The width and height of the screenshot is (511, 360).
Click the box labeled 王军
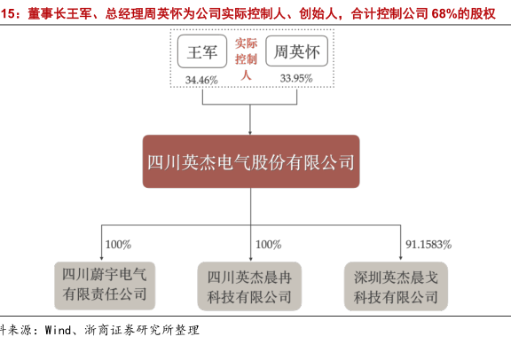[x=202, y=51]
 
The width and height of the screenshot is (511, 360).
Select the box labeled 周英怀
[x=296, y=51]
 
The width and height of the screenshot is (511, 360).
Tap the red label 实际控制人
[x=246, y=59]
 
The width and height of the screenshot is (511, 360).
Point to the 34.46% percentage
[x=201, y=80]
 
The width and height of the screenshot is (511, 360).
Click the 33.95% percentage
[x=296, y=79]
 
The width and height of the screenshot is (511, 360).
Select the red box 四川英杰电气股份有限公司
[x=251, y=161]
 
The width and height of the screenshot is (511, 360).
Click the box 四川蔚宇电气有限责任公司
[x=105, y=286]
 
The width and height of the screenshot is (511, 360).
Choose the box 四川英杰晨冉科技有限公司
[x=249, y=286]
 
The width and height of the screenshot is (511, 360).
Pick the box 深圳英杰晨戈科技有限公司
[x=396, y=286]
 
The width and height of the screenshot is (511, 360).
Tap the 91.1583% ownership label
[x=428, y=245]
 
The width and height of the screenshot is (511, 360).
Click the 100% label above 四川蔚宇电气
[x=118, y=245]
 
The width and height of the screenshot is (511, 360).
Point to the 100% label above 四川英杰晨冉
[x=268, y=245]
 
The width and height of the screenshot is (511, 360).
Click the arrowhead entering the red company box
[x=250, y=133]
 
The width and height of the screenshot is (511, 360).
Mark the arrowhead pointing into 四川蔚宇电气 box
[x=102, y=258]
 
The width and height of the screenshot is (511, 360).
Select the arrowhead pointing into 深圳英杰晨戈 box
[x=400, y=258]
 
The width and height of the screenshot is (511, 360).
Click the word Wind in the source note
[x=58, y=331]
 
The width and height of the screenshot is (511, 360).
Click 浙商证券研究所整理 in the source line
[x=142, y=331]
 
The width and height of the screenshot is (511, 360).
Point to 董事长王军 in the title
[x=59, y=14]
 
